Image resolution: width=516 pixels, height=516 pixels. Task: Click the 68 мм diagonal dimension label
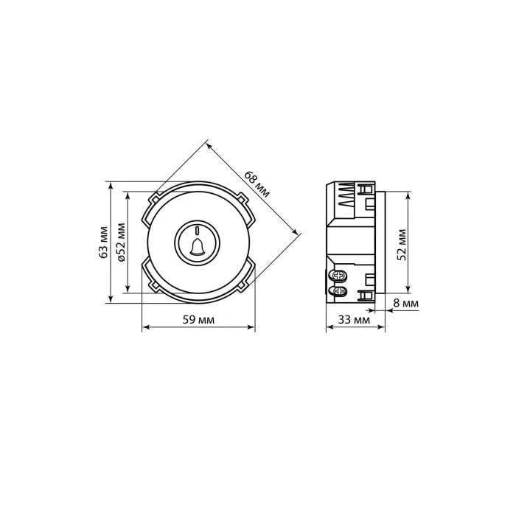257,184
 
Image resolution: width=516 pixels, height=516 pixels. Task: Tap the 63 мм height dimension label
104,243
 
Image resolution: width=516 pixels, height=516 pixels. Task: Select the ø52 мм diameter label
122,243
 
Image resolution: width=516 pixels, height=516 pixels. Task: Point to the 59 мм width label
198,319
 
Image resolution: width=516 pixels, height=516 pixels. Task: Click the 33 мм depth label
354,319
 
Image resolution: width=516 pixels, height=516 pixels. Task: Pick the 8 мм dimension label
406,304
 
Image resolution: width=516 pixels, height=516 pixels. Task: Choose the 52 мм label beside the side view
402,245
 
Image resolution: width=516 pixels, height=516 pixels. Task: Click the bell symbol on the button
197,247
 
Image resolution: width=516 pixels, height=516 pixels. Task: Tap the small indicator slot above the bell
197,230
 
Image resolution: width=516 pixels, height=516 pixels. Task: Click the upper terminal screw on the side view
339,276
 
